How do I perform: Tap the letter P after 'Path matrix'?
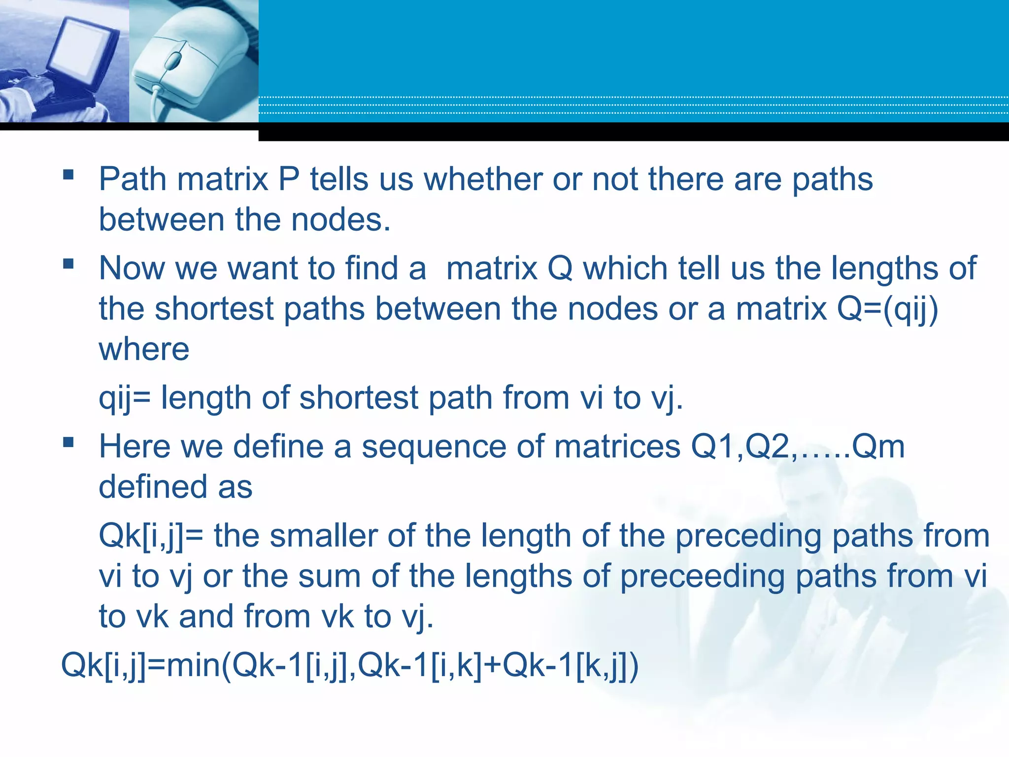tap(289, 179)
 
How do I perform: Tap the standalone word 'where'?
tap(144, 349)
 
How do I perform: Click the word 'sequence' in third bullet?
tap(434, 447)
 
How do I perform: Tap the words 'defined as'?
tap(175, 487)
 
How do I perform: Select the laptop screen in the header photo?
tap(84, 47)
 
